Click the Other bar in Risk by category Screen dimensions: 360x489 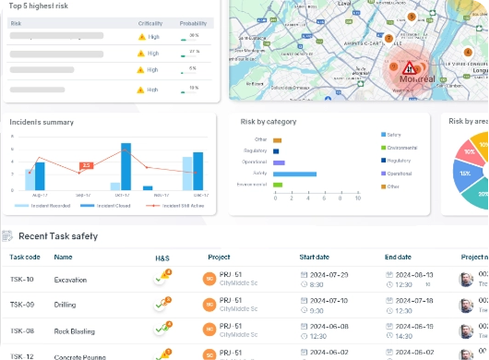click(274, 139)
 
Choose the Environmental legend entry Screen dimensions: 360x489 click(403, 147)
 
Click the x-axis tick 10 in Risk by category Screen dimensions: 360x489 click(358, 198)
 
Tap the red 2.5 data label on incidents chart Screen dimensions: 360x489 click(86, 165)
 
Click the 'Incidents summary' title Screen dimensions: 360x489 click(42, 121)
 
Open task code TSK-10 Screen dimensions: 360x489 click(22, 279)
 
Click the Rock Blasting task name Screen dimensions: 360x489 click(75, 330)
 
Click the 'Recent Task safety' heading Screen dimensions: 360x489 click(58, 236)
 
